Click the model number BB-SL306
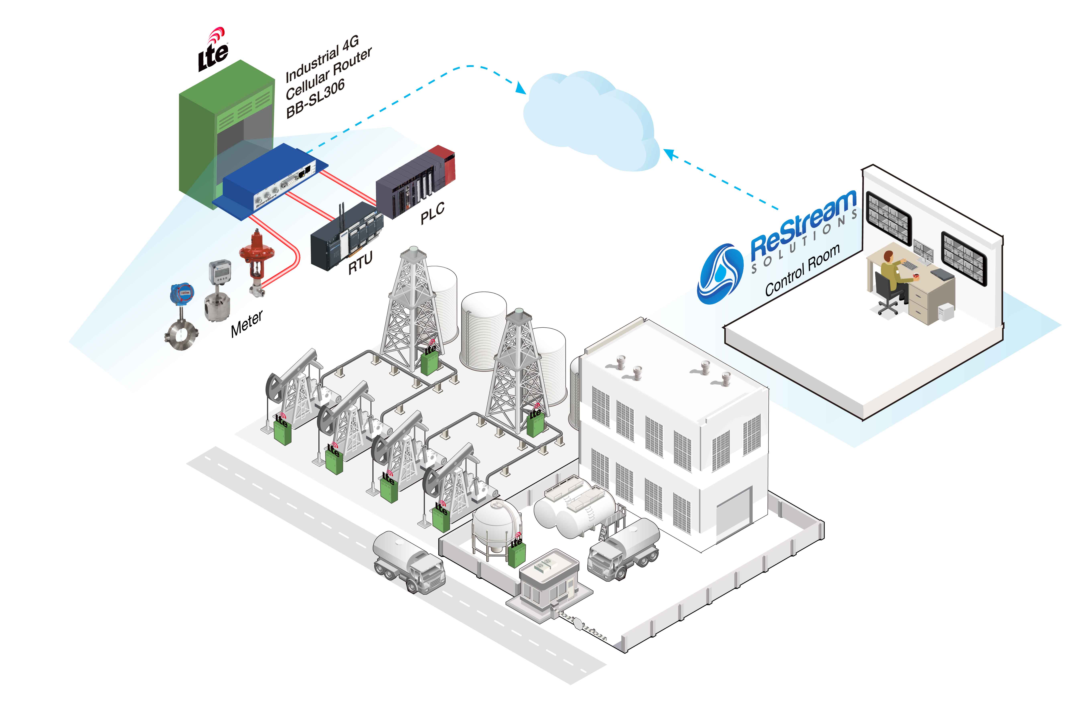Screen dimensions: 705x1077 click(x=315, y=98)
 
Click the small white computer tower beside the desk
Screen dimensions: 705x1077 click(x=946, y=312)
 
